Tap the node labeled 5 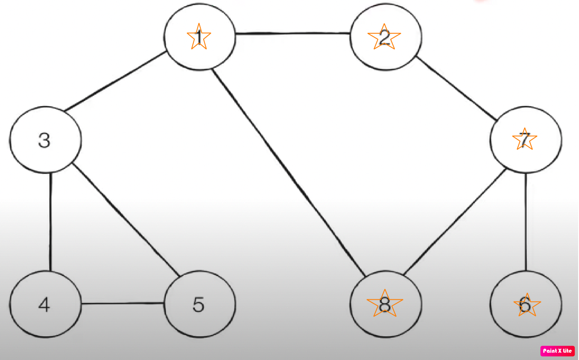[x=199, y=304]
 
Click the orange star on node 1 [x=199, y=38]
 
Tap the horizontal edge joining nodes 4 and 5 [x=123, y=304]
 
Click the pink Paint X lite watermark [x=557, y=351]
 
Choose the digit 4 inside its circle [x=44, y=305]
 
